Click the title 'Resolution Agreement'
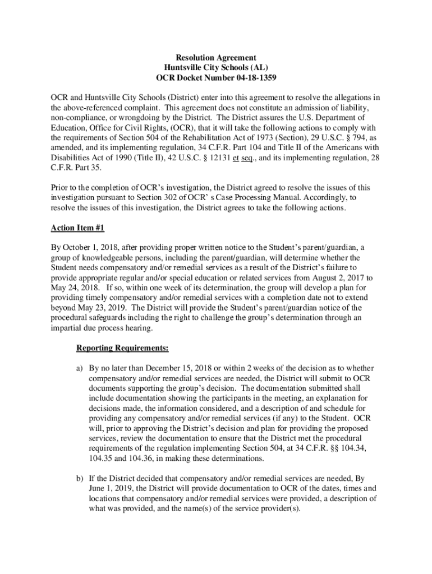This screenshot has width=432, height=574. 216,58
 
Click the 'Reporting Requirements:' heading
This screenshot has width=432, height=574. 122,348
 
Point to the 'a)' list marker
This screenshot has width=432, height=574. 80,368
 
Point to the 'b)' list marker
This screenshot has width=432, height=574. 80,479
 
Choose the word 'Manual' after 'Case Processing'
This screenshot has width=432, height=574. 290,198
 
